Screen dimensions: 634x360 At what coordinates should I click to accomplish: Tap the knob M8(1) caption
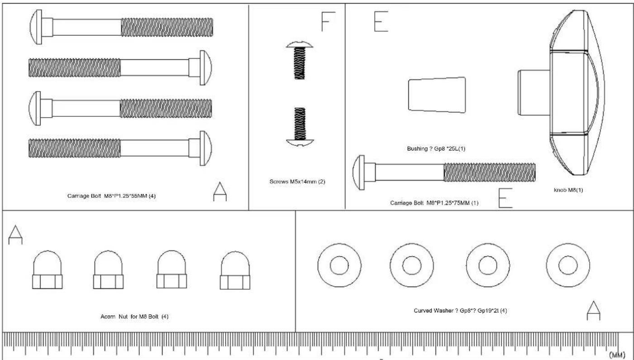point(568,190)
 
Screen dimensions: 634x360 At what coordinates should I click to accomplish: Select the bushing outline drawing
point(437,95)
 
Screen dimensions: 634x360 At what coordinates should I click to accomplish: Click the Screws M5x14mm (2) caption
point(297,182)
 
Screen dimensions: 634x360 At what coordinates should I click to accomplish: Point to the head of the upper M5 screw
point(300,44)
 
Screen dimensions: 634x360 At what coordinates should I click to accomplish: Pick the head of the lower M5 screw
point(300,143)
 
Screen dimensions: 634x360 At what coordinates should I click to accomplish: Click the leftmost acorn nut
point(47,269)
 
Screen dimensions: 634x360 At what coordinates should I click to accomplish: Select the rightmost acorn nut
point(235,270)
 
